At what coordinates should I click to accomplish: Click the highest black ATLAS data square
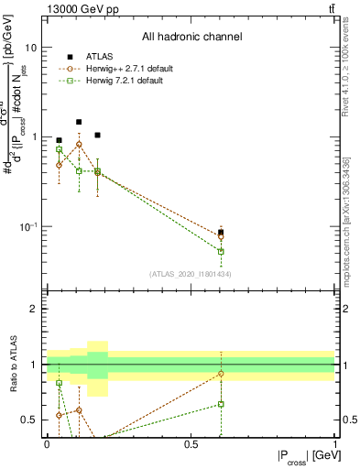click(79, 122)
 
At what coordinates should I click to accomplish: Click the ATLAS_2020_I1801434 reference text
click(191, 274)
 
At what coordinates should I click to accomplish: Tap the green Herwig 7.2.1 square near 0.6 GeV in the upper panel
click(221, 251)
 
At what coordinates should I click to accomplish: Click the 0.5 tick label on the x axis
click(191, 444)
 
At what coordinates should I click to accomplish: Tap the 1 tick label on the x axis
click(335, 444)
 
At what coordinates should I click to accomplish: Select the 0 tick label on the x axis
click(47, 444)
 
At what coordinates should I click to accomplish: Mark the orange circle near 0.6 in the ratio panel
click(221, 374)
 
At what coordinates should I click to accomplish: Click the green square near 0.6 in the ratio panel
click(221, 404)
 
